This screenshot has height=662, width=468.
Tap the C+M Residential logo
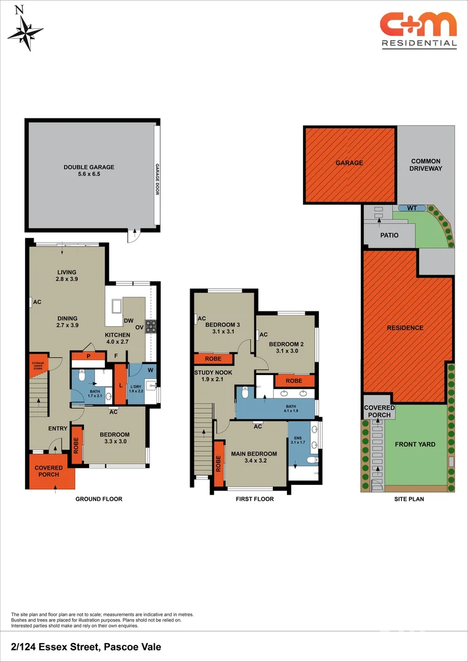pos(418,29)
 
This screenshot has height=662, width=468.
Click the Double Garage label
pos(89,170)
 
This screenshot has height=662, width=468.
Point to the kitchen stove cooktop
pos(150,325)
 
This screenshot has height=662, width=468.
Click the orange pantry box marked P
pos(88,356)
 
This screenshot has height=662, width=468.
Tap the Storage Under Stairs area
pos(38,367)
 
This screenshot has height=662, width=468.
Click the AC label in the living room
pos(37,302)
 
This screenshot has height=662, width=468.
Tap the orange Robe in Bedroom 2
pos(294,381)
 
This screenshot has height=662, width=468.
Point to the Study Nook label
pos(213,375)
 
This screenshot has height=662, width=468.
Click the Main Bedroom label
pos(254,457)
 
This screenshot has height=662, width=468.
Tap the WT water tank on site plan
pos(412,208)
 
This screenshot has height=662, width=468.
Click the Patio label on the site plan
pos(389,235)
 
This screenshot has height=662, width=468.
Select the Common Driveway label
pos(426,164)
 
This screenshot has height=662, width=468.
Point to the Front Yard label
pos(415,445)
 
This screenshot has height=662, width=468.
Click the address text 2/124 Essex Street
pos(86,646)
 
